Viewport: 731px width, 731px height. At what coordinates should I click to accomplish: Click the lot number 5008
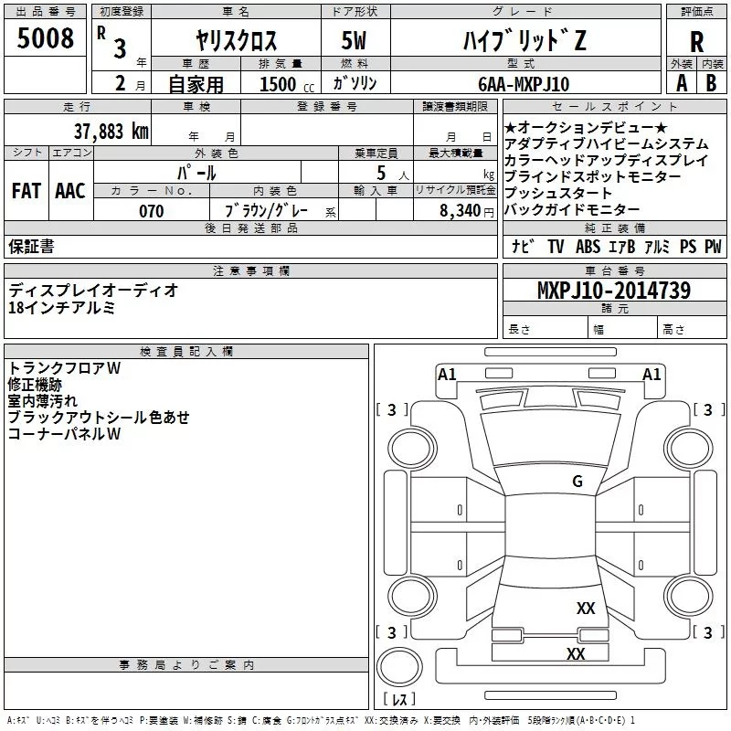coord(45,37)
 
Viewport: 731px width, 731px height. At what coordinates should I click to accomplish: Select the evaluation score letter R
coord(696,42)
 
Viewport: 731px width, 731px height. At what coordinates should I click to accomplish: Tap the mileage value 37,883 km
coord(111,132)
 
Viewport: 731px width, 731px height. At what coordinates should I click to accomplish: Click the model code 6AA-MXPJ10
coord(524,84)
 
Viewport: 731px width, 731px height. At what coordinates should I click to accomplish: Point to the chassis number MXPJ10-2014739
coord(614,290)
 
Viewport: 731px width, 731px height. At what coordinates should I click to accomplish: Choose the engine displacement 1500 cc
coord(287,84)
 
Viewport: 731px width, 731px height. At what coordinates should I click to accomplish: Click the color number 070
coord(152,211)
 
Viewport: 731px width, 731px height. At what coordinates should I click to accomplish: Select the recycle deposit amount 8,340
coord(461,210)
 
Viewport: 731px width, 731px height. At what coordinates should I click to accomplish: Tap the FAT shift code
coord(26,191)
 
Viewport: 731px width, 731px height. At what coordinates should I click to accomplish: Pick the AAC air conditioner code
coord(70,191)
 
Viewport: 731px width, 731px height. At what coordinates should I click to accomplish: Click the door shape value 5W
coord(354,40)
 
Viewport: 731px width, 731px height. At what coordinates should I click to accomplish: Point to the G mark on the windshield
coord(577,481)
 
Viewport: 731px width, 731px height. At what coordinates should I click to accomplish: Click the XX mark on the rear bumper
coord(576,653)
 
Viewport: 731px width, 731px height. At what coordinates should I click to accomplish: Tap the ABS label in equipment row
coord(588,246)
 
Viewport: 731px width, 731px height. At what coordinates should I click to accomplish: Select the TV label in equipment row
coord(556,246)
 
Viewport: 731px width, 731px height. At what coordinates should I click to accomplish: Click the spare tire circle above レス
coord(399,667)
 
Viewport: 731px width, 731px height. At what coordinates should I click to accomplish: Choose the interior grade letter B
coord(711,83)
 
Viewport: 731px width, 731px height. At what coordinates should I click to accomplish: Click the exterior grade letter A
coord(682,83)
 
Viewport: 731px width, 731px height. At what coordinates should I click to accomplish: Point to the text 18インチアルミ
coord(61,308)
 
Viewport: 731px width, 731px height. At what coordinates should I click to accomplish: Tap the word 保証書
coord(31,246)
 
